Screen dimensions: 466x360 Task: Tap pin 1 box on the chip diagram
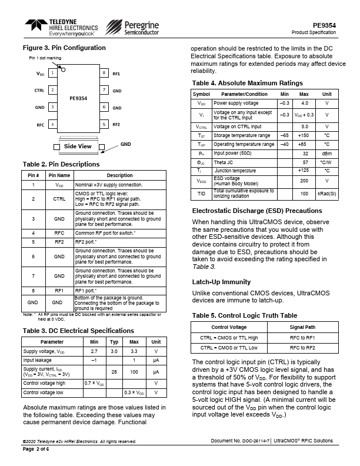(52, 74)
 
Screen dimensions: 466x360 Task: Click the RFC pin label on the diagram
(40, 125)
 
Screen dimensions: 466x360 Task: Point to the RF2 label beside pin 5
(116, 125)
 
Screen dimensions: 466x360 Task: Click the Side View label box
(78, 146)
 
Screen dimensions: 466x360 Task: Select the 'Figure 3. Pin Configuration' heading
(64, 48)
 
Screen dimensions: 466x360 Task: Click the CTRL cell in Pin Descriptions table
(59, 199)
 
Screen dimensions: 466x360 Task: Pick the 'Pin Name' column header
(59, 175)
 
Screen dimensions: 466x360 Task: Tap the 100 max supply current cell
(134, 372)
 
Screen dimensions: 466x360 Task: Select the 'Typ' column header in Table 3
(115, 341)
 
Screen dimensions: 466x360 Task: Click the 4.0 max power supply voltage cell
(304, 103)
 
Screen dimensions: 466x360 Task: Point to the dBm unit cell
(326, 153)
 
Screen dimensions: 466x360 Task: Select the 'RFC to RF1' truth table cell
(302, 338)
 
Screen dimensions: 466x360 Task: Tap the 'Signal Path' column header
(302, 327)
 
